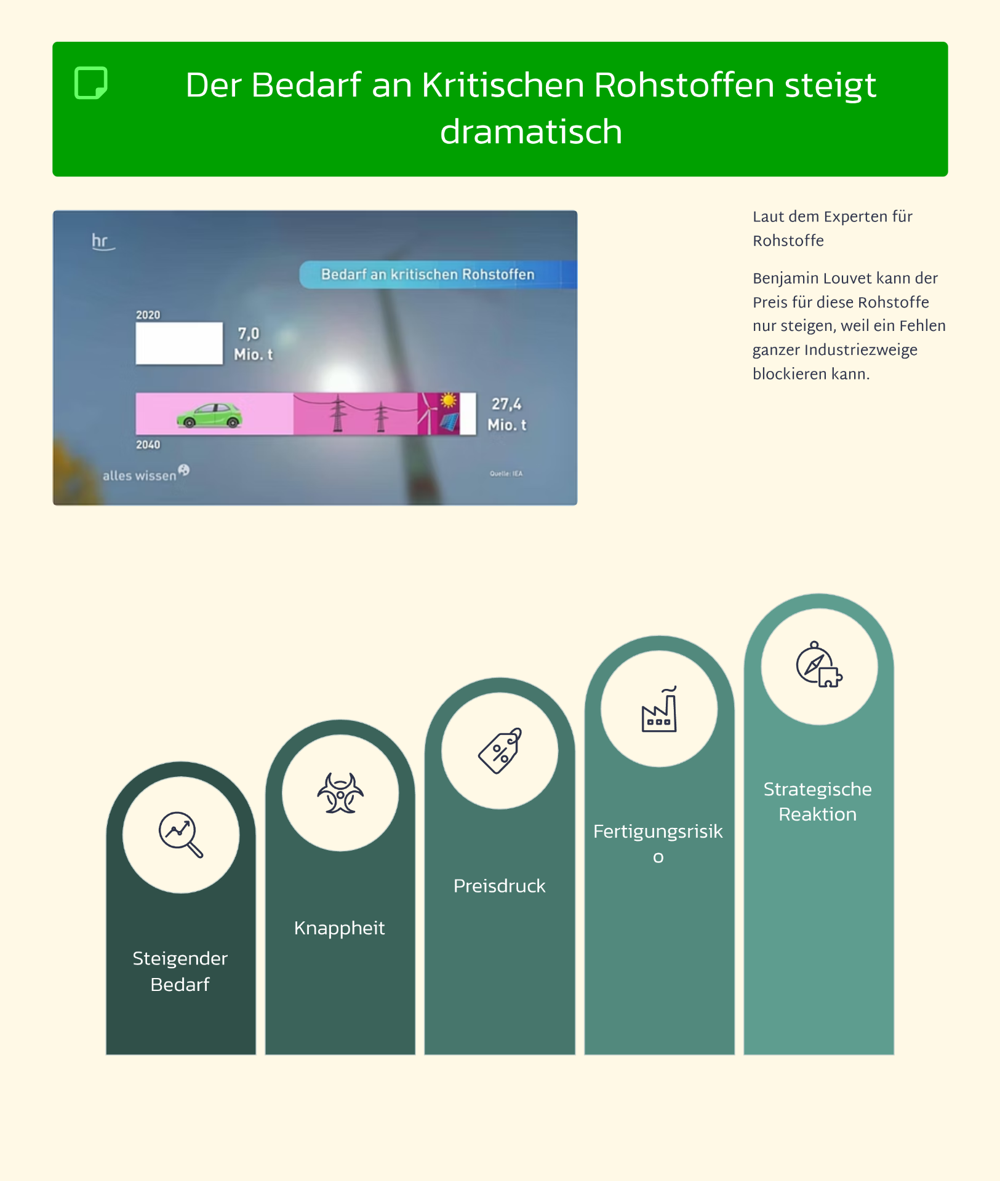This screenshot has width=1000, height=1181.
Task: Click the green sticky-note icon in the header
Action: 91,83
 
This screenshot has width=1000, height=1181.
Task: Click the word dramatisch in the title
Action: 530,132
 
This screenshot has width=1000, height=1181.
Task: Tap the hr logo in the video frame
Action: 102,241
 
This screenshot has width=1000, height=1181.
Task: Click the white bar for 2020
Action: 179,343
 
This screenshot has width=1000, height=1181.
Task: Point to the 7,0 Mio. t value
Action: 252,344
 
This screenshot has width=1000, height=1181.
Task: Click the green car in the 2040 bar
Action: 210,415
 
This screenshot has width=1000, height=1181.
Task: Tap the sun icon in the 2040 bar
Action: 449,401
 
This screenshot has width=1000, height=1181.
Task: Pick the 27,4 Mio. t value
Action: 507,414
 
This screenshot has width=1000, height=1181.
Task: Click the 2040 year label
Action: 148,445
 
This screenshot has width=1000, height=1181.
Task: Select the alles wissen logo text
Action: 140,475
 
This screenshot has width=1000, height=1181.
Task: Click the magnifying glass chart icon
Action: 180,834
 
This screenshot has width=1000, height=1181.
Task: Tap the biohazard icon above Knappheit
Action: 340,793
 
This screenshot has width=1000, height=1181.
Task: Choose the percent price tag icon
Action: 500,750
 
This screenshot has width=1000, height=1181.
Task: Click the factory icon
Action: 659,710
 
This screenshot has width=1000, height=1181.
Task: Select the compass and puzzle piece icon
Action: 818,666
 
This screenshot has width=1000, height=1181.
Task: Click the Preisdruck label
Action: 499,886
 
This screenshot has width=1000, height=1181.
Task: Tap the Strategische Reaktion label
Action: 818,801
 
